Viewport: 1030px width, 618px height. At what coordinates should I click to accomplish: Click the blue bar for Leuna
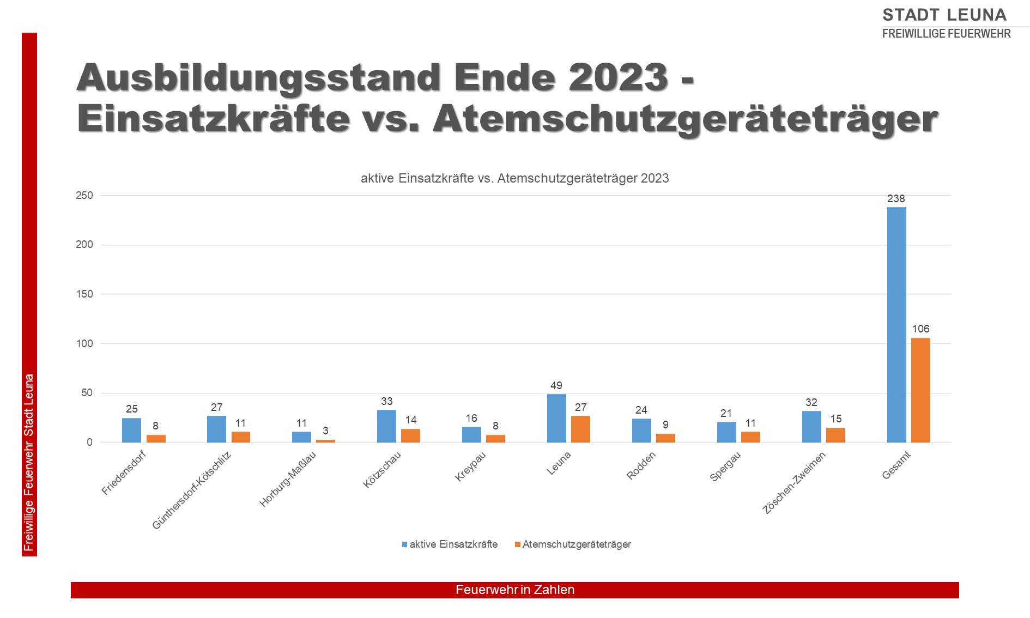tap(556, 418)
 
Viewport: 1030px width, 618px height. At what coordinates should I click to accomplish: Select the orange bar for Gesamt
tap(920, 390)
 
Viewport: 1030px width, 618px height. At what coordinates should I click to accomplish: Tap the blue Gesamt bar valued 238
tap(896, 325)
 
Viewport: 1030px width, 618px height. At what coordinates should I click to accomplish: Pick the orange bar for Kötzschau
tap(410, 435)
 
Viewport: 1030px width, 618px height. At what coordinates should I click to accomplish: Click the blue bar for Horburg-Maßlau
tap(301, 437)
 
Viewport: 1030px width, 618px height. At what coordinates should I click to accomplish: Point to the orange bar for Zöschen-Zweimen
tap(835, 435)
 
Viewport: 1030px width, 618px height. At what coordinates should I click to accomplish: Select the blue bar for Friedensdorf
tap(131, 430)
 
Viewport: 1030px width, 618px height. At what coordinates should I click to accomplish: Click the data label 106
tap(920, 329)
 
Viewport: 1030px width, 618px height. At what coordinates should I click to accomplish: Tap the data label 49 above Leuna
tap(556, 386)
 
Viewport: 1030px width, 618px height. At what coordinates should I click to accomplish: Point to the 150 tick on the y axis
tap(84, 294)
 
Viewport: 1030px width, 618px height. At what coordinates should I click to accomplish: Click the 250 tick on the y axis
tap(84, 195)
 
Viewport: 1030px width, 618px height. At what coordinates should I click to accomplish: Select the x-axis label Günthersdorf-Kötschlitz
tap(192, 490)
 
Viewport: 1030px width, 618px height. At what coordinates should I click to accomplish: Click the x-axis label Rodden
tap(641, 466)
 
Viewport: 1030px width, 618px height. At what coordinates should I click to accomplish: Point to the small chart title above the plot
tap(514, 178)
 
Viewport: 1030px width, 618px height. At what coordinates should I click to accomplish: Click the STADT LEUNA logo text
tap(944, 15)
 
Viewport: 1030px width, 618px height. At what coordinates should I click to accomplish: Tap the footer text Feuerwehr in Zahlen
tap(515, 590)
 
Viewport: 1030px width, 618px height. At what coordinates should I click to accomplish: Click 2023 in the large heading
tap(614, 77)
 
